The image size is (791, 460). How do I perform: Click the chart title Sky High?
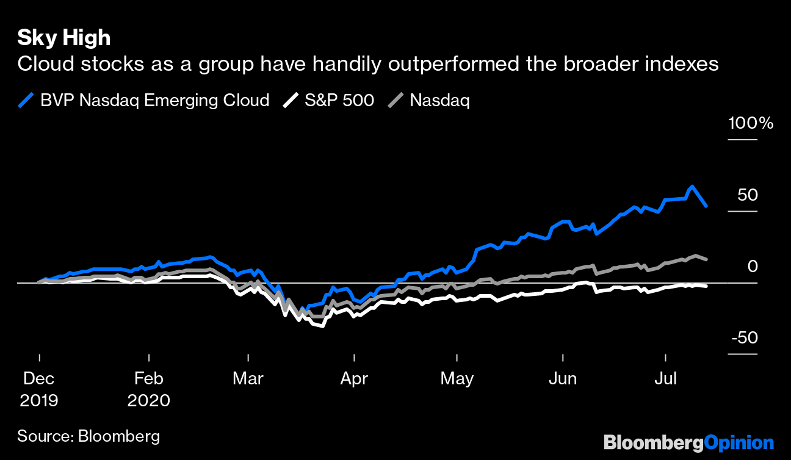[x=63, y=38]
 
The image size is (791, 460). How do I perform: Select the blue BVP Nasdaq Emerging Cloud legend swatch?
[x=26, y=100]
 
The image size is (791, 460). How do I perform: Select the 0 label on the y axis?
[x=752, y=267]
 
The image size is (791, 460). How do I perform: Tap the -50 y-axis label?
[x=743, y=338]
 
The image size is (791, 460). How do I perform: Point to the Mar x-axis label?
[x=248, y=379]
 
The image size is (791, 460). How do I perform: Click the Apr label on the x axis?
[x=354, y=379]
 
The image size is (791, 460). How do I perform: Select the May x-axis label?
[x=457, y=379]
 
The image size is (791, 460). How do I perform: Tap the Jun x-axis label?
[x=562, y=379]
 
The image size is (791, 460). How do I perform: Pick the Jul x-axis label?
[x=665, y=379]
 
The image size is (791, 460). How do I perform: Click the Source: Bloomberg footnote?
[x=88, y=436]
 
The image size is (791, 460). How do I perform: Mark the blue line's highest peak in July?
[x=692, y=186]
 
